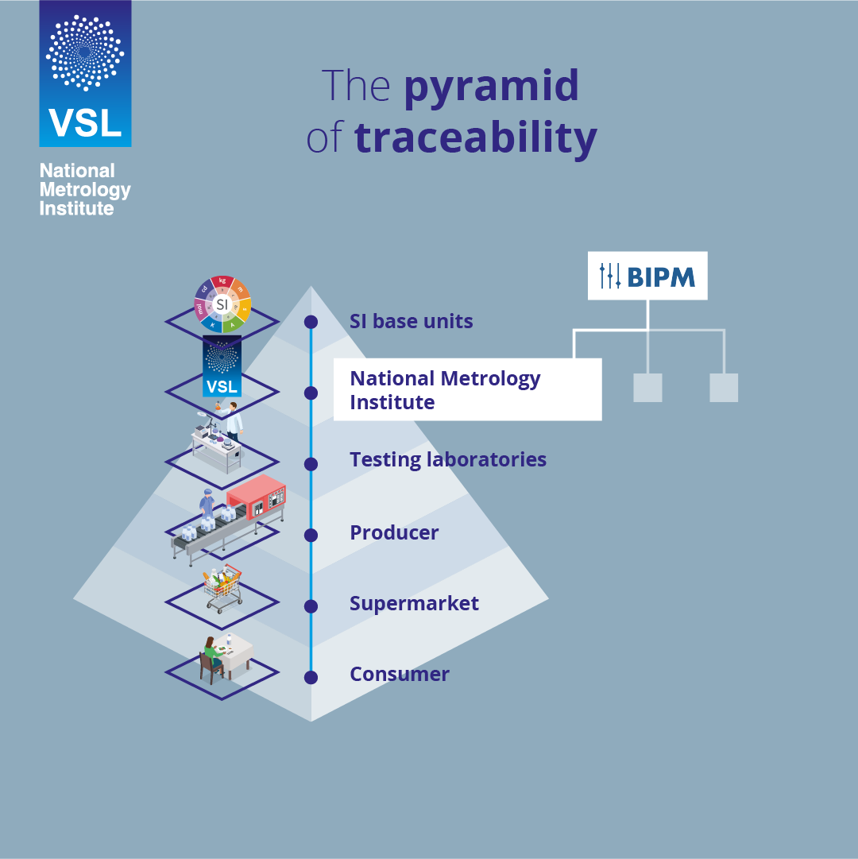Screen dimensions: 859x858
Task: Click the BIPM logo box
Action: point(647,276)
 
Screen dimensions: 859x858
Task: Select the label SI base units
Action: point(411,322)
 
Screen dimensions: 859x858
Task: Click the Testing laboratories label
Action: point(448,459)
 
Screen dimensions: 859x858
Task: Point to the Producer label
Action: point(394,532)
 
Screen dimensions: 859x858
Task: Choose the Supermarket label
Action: point(414,603)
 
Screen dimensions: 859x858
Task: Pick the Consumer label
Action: point(400,674)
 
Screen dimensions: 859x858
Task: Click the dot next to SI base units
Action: point(311,322)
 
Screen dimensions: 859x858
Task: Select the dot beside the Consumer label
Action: point(311,677)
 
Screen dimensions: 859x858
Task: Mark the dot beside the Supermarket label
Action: point(311,606)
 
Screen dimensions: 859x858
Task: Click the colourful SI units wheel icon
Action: point(222,304)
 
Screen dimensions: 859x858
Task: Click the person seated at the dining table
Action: point(211,656)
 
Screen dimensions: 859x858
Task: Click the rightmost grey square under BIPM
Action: point(724,388)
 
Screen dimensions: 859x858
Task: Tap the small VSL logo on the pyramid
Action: point(222,366)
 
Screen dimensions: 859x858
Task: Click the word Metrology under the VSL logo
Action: point(85,190)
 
